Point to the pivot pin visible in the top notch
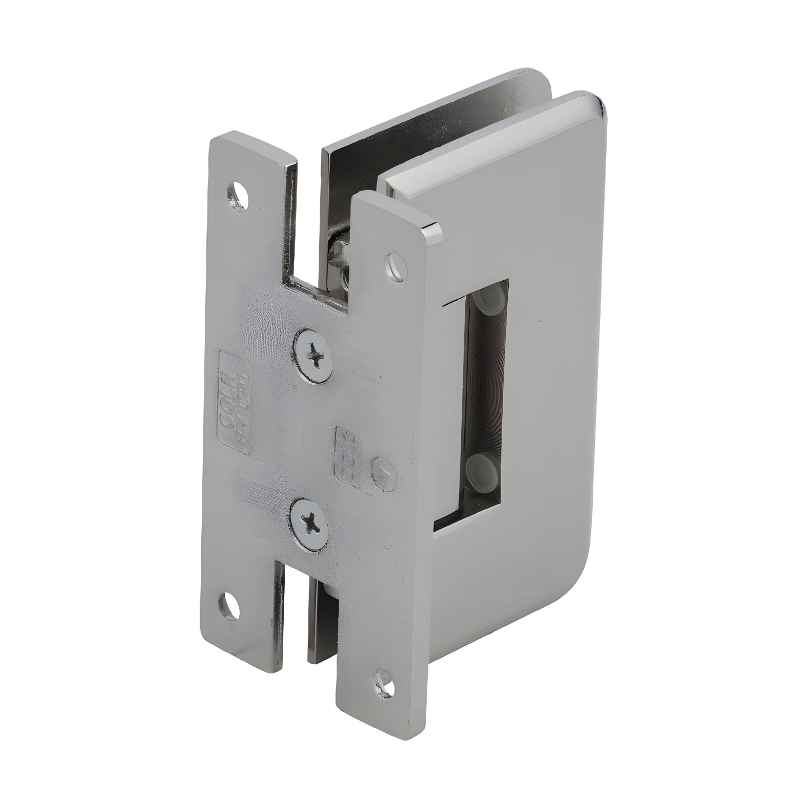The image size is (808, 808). pos(340,254)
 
